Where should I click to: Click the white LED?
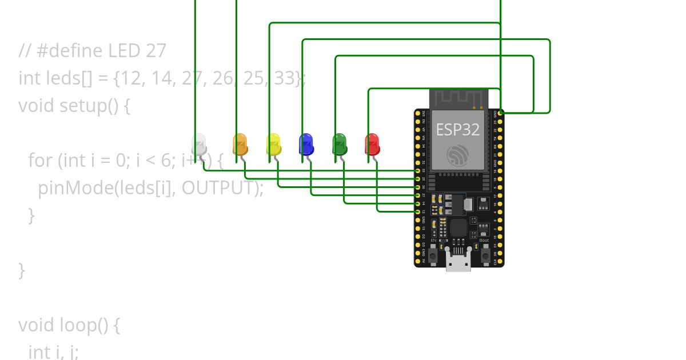click(x=198, y=144)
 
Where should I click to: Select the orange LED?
click(x=240, y=144)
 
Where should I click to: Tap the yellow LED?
click(x=273, y=144)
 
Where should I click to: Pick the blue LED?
click(x=306, y=144)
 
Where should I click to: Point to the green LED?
click(x=340, y=144)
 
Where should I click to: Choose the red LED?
click(x=372, y=144)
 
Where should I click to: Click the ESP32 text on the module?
click(x=458, y=129)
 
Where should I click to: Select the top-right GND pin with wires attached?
click(x=501, y=113)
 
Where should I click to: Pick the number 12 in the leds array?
click(x=130, y=78)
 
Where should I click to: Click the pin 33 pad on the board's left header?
click(x=418, y=171)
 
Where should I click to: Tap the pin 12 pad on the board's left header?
click(x=418, y=212)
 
